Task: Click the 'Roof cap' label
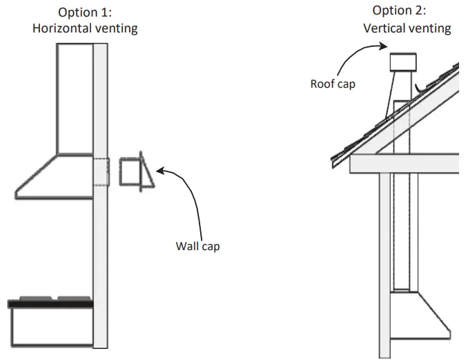(333, 84)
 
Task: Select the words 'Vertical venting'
(407, 28)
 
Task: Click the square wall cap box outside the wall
(129, 172)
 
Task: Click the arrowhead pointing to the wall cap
(160, 170)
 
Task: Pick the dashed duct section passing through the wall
(100, 172)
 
